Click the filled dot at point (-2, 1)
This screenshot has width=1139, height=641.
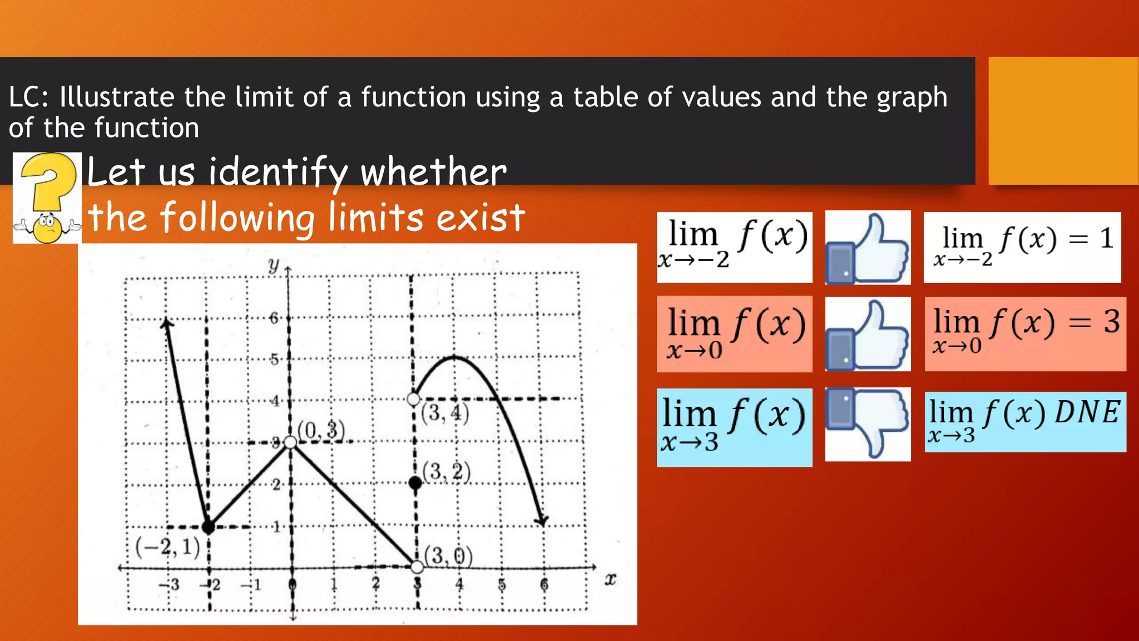[x=208, y=526]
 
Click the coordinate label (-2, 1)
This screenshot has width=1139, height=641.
[x=167, y=548]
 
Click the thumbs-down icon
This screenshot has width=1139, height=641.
[x=868, y=424]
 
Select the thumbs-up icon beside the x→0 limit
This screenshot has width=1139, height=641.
[x=868, y=334]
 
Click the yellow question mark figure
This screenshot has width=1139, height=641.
[x=47, y=198]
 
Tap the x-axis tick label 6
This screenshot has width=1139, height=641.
[x=544, y=585]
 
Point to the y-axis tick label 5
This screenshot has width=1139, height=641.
[x=274, y=359]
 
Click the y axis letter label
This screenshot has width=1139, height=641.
[x=273, y=265]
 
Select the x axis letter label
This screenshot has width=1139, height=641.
[x=610, y=580]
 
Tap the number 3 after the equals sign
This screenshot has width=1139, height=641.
[x=1112, y=322]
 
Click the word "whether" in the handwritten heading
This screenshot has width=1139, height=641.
[x=434, y=172]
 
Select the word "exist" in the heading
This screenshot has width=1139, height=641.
[x=481, y=218]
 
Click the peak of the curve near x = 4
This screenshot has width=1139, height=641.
[x=455, y=357]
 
